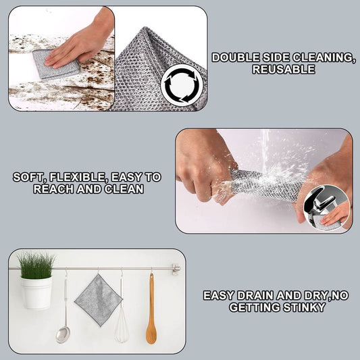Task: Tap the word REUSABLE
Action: [x=284, y=69]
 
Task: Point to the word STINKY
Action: [x=305, y=307]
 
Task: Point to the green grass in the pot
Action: [x=35, y=264]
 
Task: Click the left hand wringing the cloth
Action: [x=203, y=169]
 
